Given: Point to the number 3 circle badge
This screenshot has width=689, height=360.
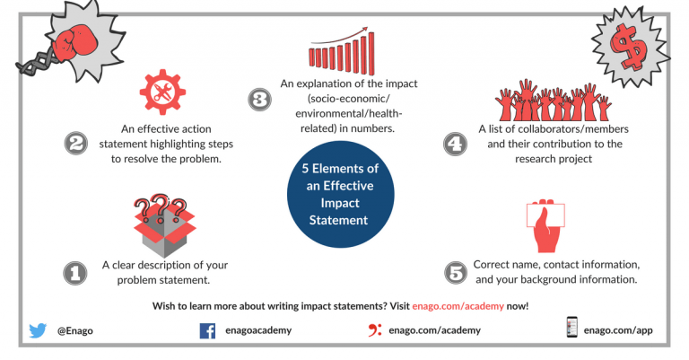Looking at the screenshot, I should tap(259, 100).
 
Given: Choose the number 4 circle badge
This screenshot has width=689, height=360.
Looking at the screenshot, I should tap(457, 143).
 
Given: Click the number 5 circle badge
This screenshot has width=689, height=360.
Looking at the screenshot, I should tap(457, 272).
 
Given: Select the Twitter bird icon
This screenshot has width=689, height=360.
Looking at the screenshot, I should tap(38, 329).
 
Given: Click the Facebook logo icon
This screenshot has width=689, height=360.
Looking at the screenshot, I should tap(208, 329).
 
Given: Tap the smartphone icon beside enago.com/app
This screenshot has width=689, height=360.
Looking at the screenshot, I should tap(571, 329).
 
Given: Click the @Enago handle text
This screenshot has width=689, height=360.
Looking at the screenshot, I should tap(75, 330).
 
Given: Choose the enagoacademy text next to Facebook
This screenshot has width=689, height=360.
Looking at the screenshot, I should tap(258, 330).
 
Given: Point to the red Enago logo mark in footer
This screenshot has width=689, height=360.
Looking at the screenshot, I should tap(376, 329).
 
